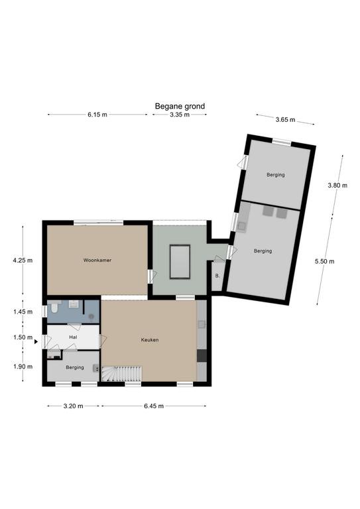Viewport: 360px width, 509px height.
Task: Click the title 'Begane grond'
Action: [180, 106]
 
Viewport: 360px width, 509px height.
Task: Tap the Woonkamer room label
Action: [97, 260]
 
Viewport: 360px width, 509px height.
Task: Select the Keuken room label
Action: [150, 340]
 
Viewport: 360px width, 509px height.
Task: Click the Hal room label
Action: [73, 337]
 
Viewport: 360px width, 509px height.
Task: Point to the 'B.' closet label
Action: [217, 276]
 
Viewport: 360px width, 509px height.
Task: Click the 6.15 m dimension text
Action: [97, 115]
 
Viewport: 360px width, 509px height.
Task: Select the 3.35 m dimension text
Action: [180, 115]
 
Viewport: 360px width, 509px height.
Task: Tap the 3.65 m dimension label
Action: [285, 119]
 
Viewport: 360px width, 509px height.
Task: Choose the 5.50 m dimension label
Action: [325, 261]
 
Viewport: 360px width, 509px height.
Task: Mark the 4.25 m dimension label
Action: [23, 260]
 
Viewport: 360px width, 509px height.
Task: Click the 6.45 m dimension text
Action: [154, 406]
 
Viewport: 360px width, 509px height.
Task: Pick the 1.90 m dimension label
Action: [23, 367]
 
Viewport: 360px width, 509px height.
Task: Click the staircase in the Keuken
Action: [122, 374]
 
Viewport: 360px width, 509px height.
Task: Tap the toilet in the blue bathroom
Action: [54, 307]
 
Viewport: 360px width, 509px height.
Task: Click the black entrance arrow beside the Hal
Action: [36, 341]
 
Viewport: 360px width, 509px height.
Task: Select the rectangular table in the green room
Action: [180, 262]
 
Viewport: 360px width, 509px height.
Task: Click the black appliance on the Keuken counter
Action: [202, 355]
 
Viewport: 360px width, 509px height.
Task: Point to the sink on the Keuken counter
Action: [202, 324]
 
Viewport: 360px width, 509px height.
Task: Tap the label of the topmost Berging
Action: [276, 175]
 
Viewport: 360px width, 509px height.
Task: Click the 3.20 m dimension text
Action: [74, 406]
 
